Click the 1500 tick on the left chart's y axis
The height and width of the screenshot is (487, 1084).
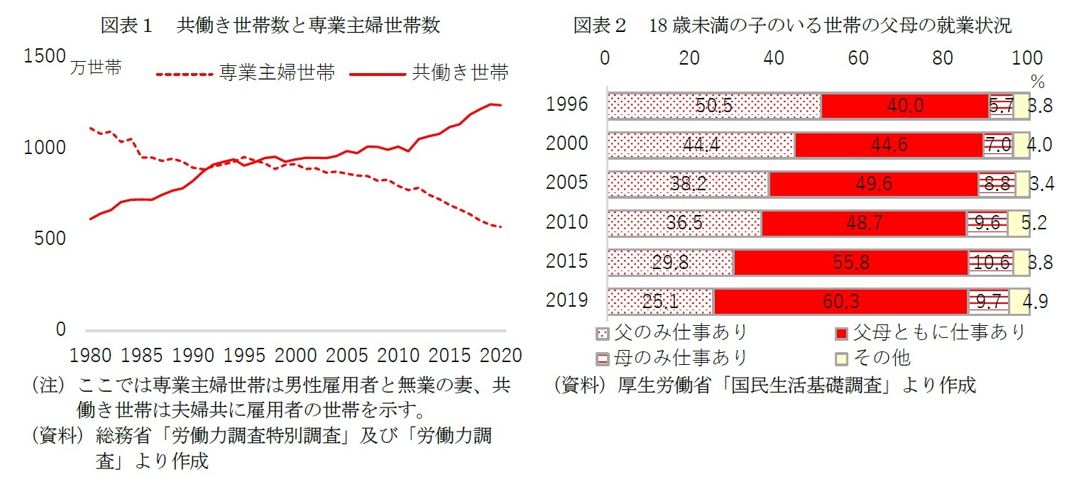[x=44, y=57]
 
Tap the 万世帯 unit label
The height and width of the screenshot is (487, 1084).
[x=96, y=69]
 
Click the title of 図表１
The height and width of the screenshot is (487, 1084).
[x=270, y=26]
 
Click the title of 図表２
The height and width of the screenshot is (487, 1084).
[x=792, y=26]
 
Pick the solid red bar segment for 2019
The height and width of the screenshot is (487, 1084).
[x=841, y=302]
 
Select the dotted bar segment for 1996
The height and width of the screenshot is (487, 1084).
[x=714, y=106]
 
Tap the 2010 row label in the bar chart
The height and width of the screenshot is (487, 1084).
[x=567, y=222]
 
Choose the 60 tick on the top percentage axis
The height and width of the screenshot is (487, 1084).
[x=858, y=58]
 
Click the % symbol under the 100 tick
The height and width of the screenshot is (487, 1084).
[x=1037, y=81]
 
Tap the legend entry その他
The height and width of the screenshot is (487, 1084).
[x=882, y=357]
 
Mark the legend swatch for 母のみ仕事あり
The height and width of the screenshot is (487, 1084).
[x=603, y=357]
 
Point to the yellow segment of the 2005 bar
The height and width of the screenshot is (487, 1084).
[x=1022, y=184]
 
